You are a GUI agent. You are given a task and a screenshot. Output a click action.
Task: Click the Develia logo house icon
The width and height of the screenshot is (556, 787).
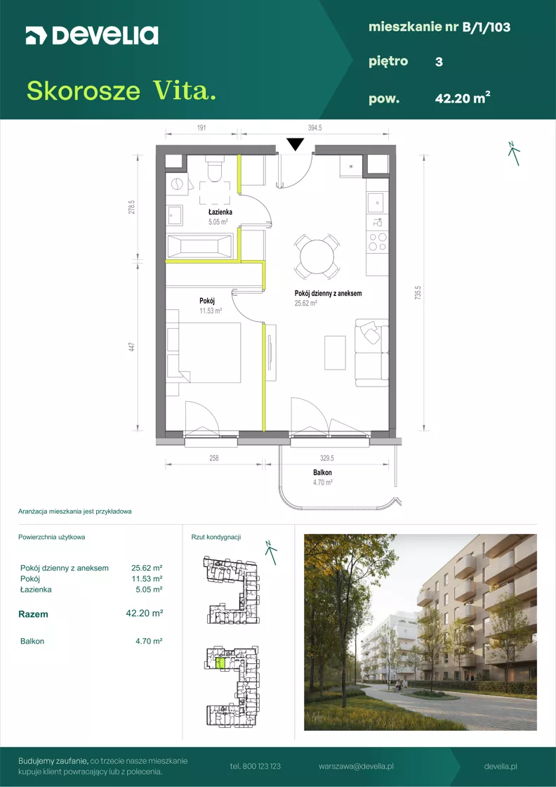pos(35,36)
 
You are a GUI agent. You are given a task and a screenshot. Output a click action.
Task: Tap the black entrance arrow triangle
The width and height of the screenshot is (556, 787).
pos(296,145)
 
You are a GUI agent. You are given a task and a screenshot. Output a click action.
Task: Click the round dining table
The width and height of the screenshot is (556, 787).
pos(317,256)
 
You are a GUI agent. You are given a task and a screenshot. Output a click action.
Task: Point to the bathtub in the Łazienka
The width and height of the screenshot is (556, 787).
pos(199,247)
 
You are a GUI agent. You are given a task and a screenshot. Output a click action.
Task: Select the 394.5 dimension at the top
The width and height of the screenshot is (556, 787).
pos(315,128)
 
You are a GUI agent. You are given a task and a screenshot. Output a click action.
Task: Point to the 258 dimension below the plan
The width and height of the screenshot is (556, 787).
pos(214,458)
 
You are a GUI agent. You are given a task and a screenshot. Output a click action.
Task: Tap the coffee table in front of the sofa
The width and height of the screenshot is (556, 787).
pos(335,352)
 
